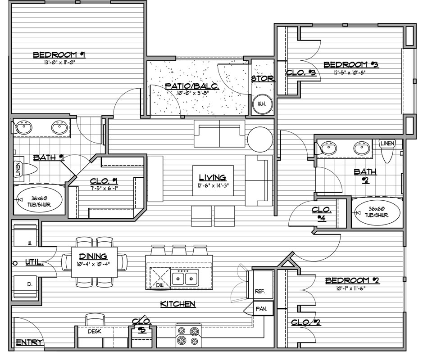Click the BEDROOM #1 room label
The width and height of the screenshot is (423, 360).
pyautogui.click(x=59, y=55)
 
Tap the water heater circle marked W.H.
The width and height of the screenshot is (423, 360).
pyautogui.click(x=262, y=104)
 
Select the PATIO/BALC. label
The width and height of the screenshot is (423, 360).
pyautogui.click(x=192, y=86)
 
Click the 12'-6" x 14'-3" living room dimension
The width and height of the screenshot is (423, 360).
pyautogui.click(x=213, y=186)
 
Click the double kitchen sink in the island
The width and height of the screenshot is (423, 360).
pyautogui.click(x=185, y=277)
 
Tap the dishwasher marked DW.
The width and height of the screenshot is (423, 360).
pyautogui.click(x=160, y=278)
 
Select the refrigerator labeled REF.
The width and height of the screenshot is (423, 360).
pyautogui.click(x=260, y=286)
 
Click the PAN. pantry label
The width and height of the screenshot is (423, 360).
pyautogui.click(x=261, y=309)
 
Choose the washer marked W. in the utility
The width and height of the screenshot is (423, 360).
pyautogui.click(x=25, y=235)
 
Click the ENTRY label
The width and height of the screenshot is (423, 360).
pyautogui.click(x=29, y=342)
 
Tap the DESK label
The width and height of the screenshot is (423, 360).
pyautogui.click(x=95, y=332)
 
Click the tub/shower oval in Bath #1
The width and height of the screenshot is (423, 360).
pyautogui.click(x=39, y=200)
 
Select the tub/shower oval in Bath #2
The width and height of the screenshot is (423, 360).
pyautogui.click(x=377, y=212)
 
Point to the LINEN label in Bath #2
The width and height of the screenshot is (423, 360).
pyautogui.click(x=387, y=144)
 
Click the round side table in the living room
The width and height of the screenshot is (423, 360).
pyautogui.click(x=260, y=139)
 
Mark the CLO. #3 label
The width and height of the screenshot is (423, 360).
pyautogui.click(x=301, y=72)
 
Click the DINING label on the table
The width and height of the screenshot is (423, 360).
pyautogui.click(x=93, y=256)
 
